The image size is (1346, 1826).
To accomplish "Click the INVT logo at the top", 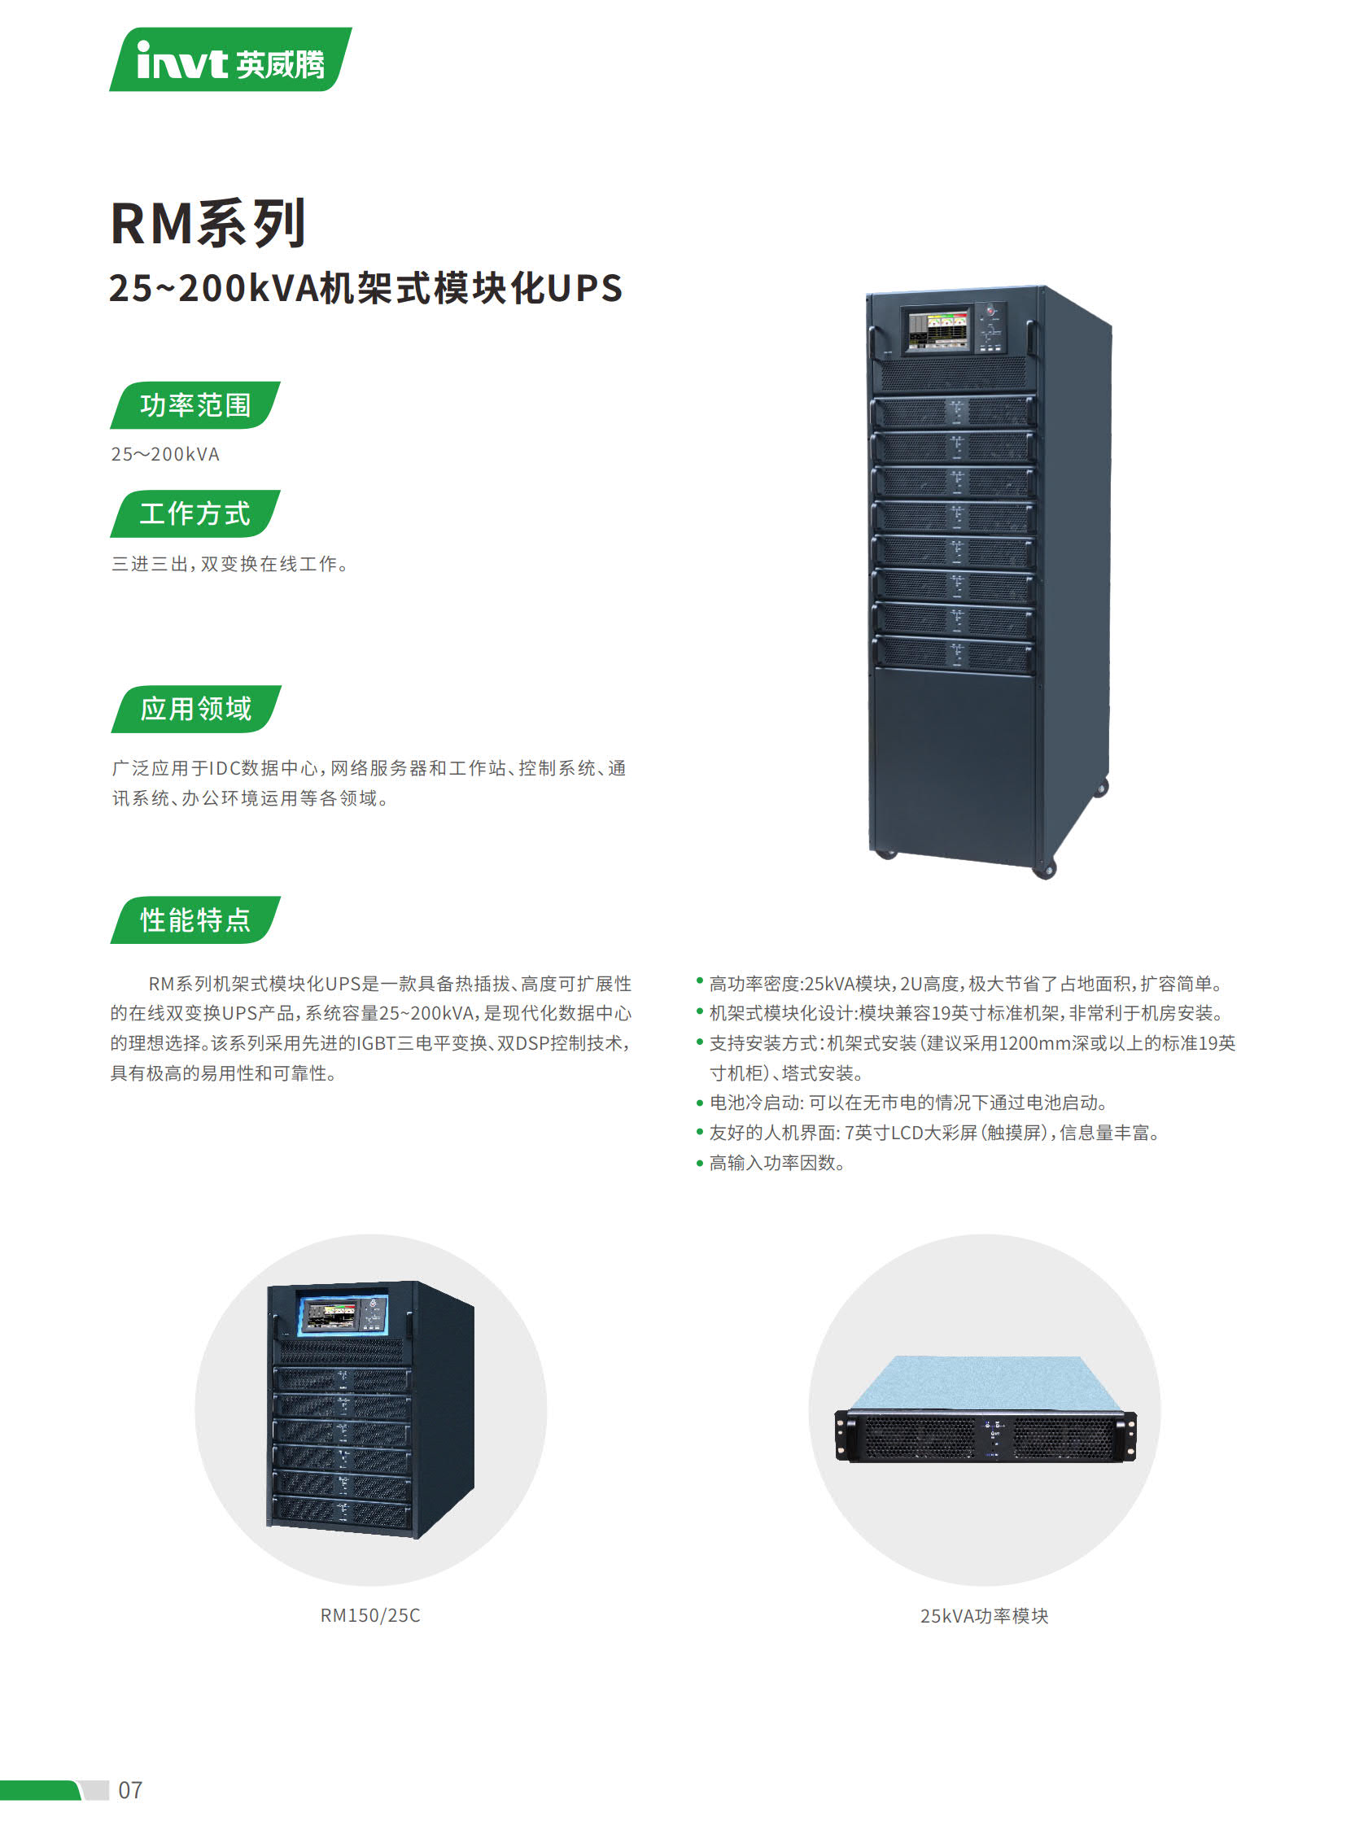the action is tap(230, 59).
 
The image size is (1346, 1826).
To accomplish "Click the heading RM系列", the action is tap(208, 223).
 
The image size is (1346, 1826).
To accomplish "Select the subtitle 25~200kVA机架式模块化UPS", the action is tap(366, 287).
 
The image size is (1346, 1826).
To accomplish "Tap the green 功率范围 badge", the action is tap(195, 405).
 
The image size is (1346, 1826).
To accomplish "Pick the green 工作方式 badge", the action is tap(195, 513).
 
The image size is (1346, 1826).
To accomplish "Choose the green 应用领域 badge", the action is tap(196, 709).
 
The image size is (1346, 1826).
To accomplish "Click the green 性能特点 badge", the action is tap(195, 920).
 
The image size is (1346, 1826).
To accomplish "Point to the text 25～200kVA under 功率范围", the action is tap(165, 454).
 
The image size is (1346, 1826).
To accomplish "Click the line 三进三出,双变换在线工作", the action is tap(229, 564).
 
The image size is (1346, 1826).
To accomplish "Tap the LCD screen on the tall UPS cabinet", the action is tap(938, 330).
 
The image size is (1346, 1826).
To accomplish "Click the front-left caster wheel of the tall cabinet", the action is tap(885, 853).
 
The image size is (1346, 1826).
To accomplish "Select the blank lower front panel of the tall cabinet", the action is tap(955, 762).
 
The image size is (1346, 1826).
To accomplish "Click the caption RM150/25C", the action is tap(371, 1616).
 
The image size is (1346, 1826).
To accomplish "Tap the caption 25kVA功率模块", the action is tap(984, 1616).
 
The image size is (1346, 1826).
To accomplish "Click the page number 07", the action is tap(130, 1790).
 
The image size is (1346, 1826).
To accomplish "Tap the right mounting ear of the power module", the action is tap(1128, 1435).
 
